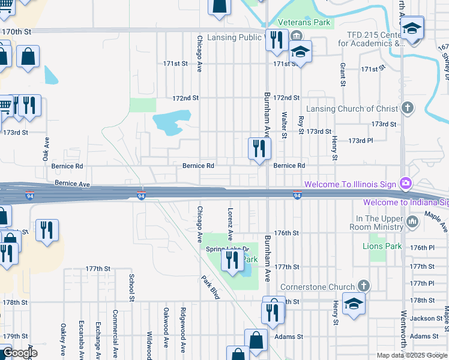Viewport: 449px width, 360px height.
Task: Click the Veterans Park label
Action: pyautogui.click(x=310, y=23)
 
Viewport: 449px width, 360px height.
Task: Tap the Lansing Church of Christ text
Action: pyautogui.click(x=352, y=109)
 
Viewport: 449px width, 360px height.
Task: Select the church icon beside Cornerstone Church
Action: pyautogui.click(x=363, y=286)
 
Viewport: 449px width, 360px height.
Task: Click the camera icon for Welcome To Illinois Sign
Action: pyautogui.click(x=406, y=183)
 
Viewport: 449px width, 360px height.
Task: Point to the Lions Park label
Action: pyautogui.click(x=382, y=246)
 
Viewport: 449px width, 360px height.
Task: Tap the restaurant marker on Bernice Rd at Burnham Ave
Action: pyautogui.click(x=260, y=149)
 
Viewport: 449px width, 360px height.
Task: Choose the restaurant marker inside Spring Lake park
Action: pyautogui.click(x=232, y=260)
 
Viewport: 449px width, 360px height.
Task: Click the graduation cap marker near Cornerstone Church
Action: pyautogui.click(x=354, y=304)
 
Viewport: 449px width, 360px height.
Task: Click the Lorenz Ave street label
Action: pyautogui.click(x=230, y=220)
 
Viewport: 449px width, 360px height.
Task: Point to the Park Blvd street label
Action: pyautogui.click(x=211, y=287)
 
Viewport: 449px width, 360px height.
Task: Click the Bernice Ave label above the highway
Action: pyautogui.click(x=72, y=182)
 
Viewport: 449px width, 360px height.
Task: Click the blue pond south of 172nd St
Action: pyautogui.click(x=172, y=122)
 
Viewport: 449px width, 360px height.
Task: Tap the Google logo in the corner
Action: pyautogui.click(x=19, y=353)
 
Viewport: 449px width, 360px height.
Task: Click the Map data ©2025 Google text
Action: pyautogui.click(x=412, y=355)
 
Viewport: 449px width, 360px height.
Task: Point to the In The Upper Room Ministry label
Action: pyautogui.click(x=379, y=223)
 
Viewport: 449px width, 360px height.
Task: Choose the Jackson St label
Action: pyautogui.click(x=426, y=318)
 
